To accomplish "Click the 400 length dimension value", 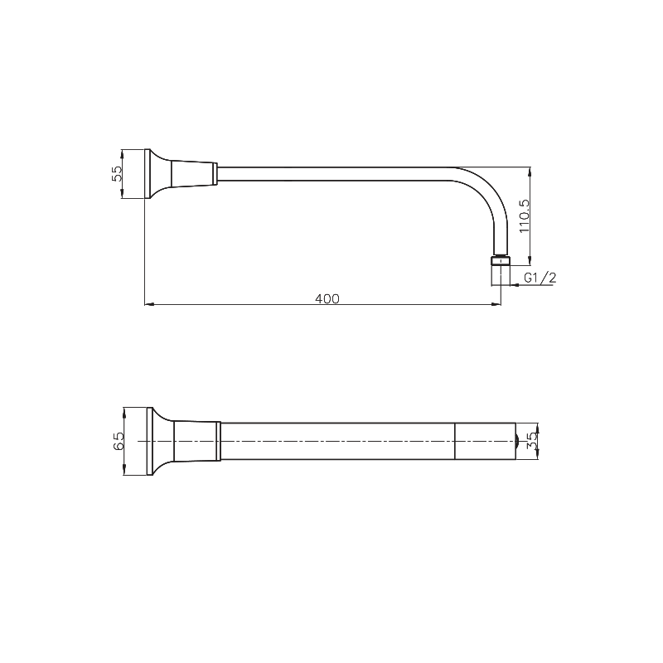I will (x=328, y=298).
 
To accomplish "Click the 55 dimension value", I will (x=117, y=173).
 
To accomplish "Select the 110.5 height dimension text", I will (x=523, y=214).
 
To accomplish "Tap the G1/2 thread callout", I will (x=540, y=278).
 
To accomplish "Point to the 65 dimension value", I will (x=119, y=440).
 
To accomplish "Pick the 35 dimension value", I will (x=533, y=440).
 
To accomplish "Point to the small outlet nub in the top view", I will (x=517, y=440).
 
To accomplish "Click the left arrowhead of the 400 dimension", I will (x=148, y=305).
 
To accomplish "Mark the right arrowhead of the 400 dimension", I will (x=497, y=305).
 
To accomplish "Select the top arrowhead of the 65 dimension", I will (x=123, y=410).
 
